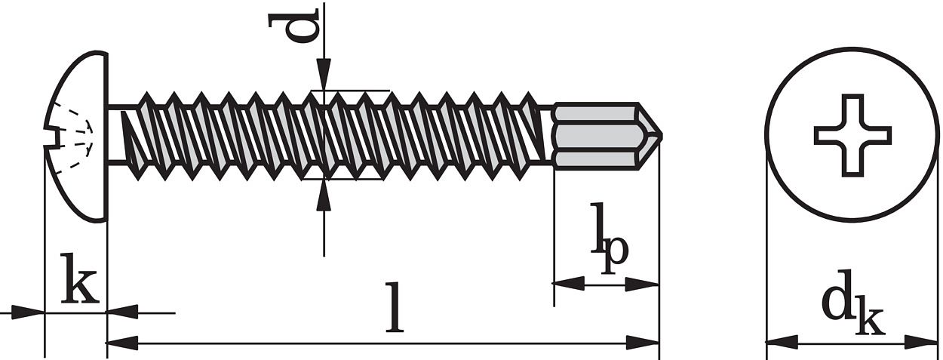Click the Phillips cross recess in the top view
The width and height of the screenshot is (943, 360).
(852, 135)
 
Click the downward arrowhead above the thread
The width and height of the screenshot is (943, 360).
(324, 76)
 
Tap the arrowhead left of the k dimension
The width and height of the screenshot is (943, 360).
(30, 312)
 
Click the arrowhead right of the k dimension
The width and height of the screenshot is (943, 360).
(122, 312)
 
